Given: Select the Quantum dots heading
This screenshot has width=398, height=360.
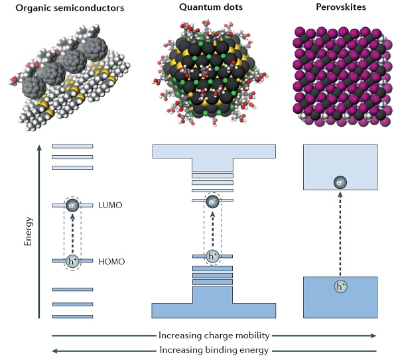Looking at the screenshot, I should [x=213, y=7].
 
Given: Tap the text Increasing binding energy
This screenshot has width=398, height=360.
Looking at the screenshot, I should [x=214, y=350].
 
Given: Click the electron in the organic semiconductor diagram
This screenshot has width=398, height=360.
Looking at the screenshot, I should [x=72, y=206].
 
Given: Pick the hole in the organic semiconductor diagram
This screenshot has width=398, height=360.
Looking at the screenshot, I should [x=72, y=261].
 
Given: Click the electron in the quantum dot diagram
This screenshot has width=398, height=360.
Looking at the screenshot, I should [x=213, y=200].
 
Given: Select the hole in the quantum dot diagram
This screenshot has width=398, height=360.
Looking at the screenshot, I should [x=213, y=256].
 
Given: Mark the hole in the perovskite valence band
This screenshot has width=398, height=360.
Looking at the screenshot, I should [x=340, y=287].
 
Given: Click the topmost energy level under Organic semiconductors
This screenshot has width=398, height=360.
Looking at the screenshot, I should [x=72, y=146].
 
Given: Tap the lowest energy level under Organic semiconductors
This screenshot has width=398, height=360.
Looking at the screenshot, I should [x=72, y=316].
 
